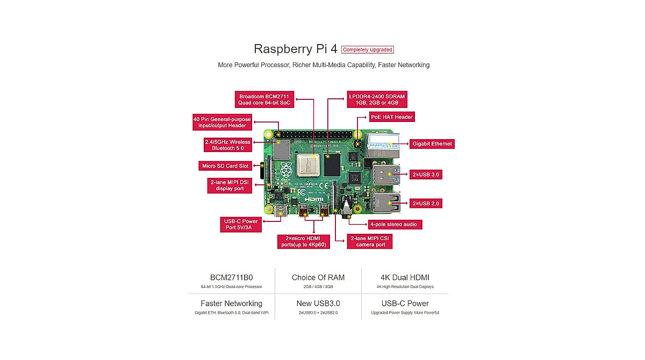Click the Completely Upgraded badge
point(368,49)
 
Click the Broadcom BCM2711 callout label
point(264,99)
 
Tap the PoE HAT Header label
point(392,117)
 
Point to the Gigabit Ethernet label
point(432,144)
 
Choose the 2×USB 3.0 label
point(426,175)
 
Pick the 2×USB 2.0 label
point(426,204)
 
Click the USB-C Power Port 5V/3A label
point(241,224)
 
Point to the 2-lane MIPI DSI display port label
point(230,185)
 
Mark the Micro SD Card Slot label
point(225,165)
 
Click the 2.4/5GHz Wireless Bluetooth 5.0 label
point(227,145)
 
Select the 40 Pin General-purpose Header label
point(222,122)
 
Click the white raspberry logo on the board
point(286,170)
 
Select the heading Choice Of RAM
point(318,278)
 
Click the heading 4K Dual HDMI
point(405,278)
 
